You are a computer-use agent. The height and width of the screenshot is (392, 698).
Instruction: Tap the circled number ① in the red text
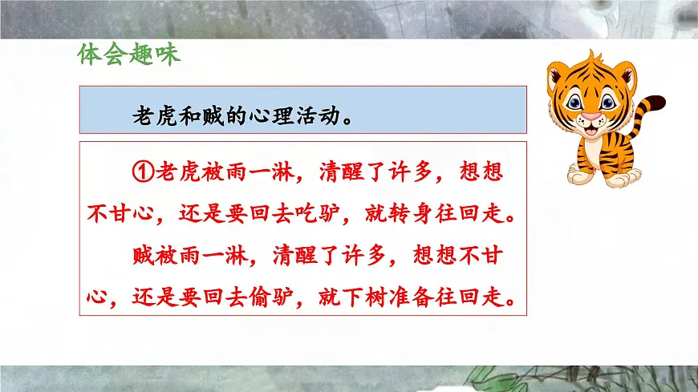[140, 172]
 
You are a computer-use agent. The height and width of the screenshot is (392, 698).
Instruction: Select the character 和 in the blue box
[183, 118]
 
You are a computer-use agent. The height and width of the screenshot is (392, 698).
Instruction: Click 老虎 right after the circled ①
[176, 172]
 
